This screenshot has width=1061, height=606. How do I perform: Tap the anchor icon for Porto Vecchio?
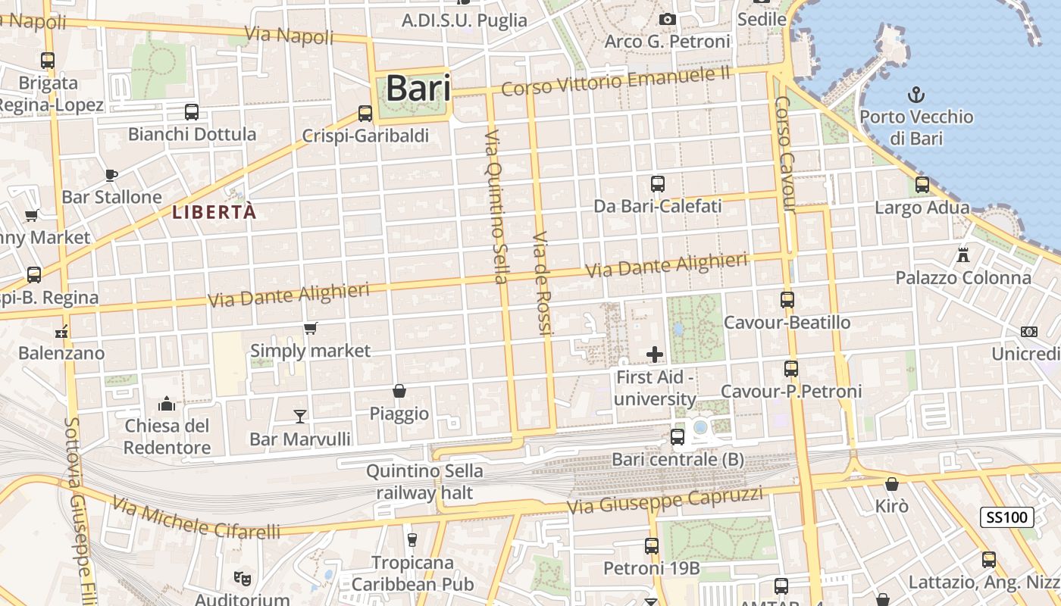click(916, 95)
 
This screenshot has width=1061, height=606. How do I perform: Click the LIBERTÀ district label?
click(214, 212)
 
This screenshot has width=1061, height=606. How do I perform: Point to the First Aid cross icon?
click(655, 354)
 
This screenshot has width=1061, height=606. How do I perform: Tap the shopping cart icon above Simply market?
click(310, 328)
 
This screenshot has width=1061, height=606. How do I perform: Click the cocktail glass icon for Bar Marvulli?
click(300, 416)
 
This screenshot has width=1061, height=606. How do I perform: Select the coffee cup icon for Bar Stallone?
click(111, 175)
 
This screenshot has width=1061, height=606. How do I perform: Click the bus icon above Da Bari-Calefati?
click(657, 183)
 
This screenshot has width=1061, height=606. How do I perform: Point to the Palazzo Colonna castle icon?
click(963, 255)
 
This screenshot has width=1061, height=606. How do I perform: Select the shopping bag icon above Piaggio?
click(399, 391)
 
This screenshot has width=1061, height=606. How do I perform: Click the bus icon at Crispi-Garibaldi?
click(365, 114)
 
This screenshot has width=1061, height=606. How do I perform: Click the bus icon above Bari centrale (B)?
click(678, 436)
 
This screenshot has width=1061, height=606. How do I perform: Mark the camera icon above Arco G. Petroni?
click(667, 19)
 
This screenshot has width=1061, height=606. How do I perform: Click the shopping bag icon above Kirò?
click(892, 483)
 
